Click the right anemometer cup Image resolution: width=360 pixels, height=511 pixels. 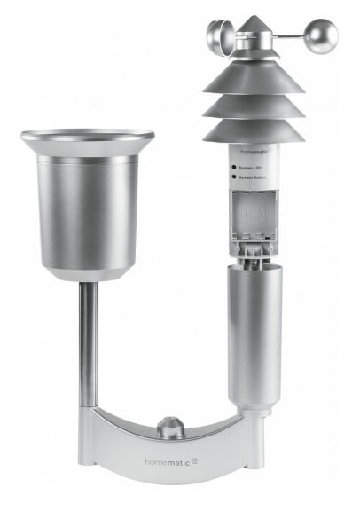tap(320, 36)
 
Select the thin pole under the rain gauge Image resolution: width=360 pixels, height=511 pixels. tap(88, 346)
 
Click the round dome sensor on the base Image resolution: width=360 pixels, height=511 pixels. tap(170, 429)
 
